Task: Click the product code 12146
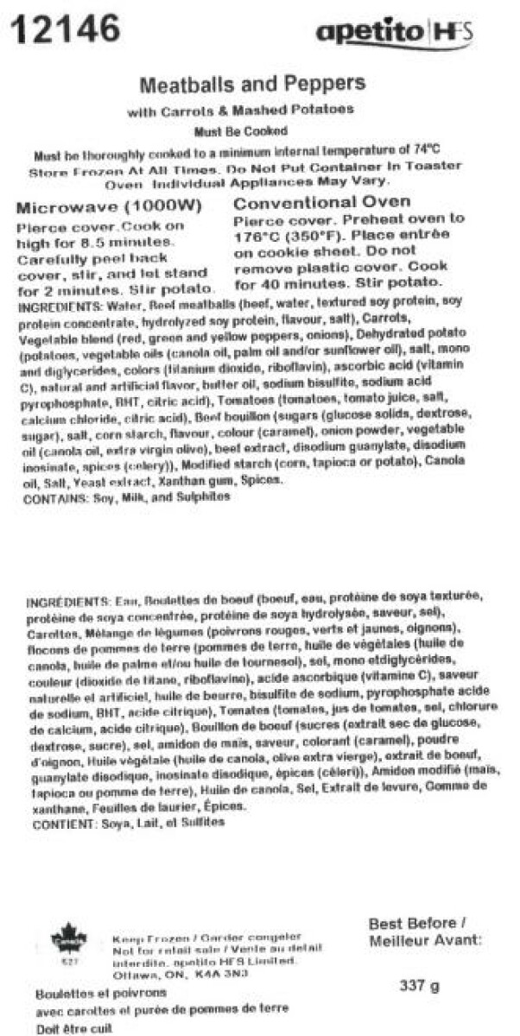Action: [x=66, y=30]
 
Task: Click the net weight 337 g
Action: [x=420, y=985]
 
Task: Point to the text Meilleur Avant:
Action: [x=425, y=940]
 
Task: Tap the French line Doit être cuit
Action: [x=73, y=1028]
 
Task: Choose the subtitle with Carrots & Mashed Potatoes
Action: [x=240, y=111]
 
